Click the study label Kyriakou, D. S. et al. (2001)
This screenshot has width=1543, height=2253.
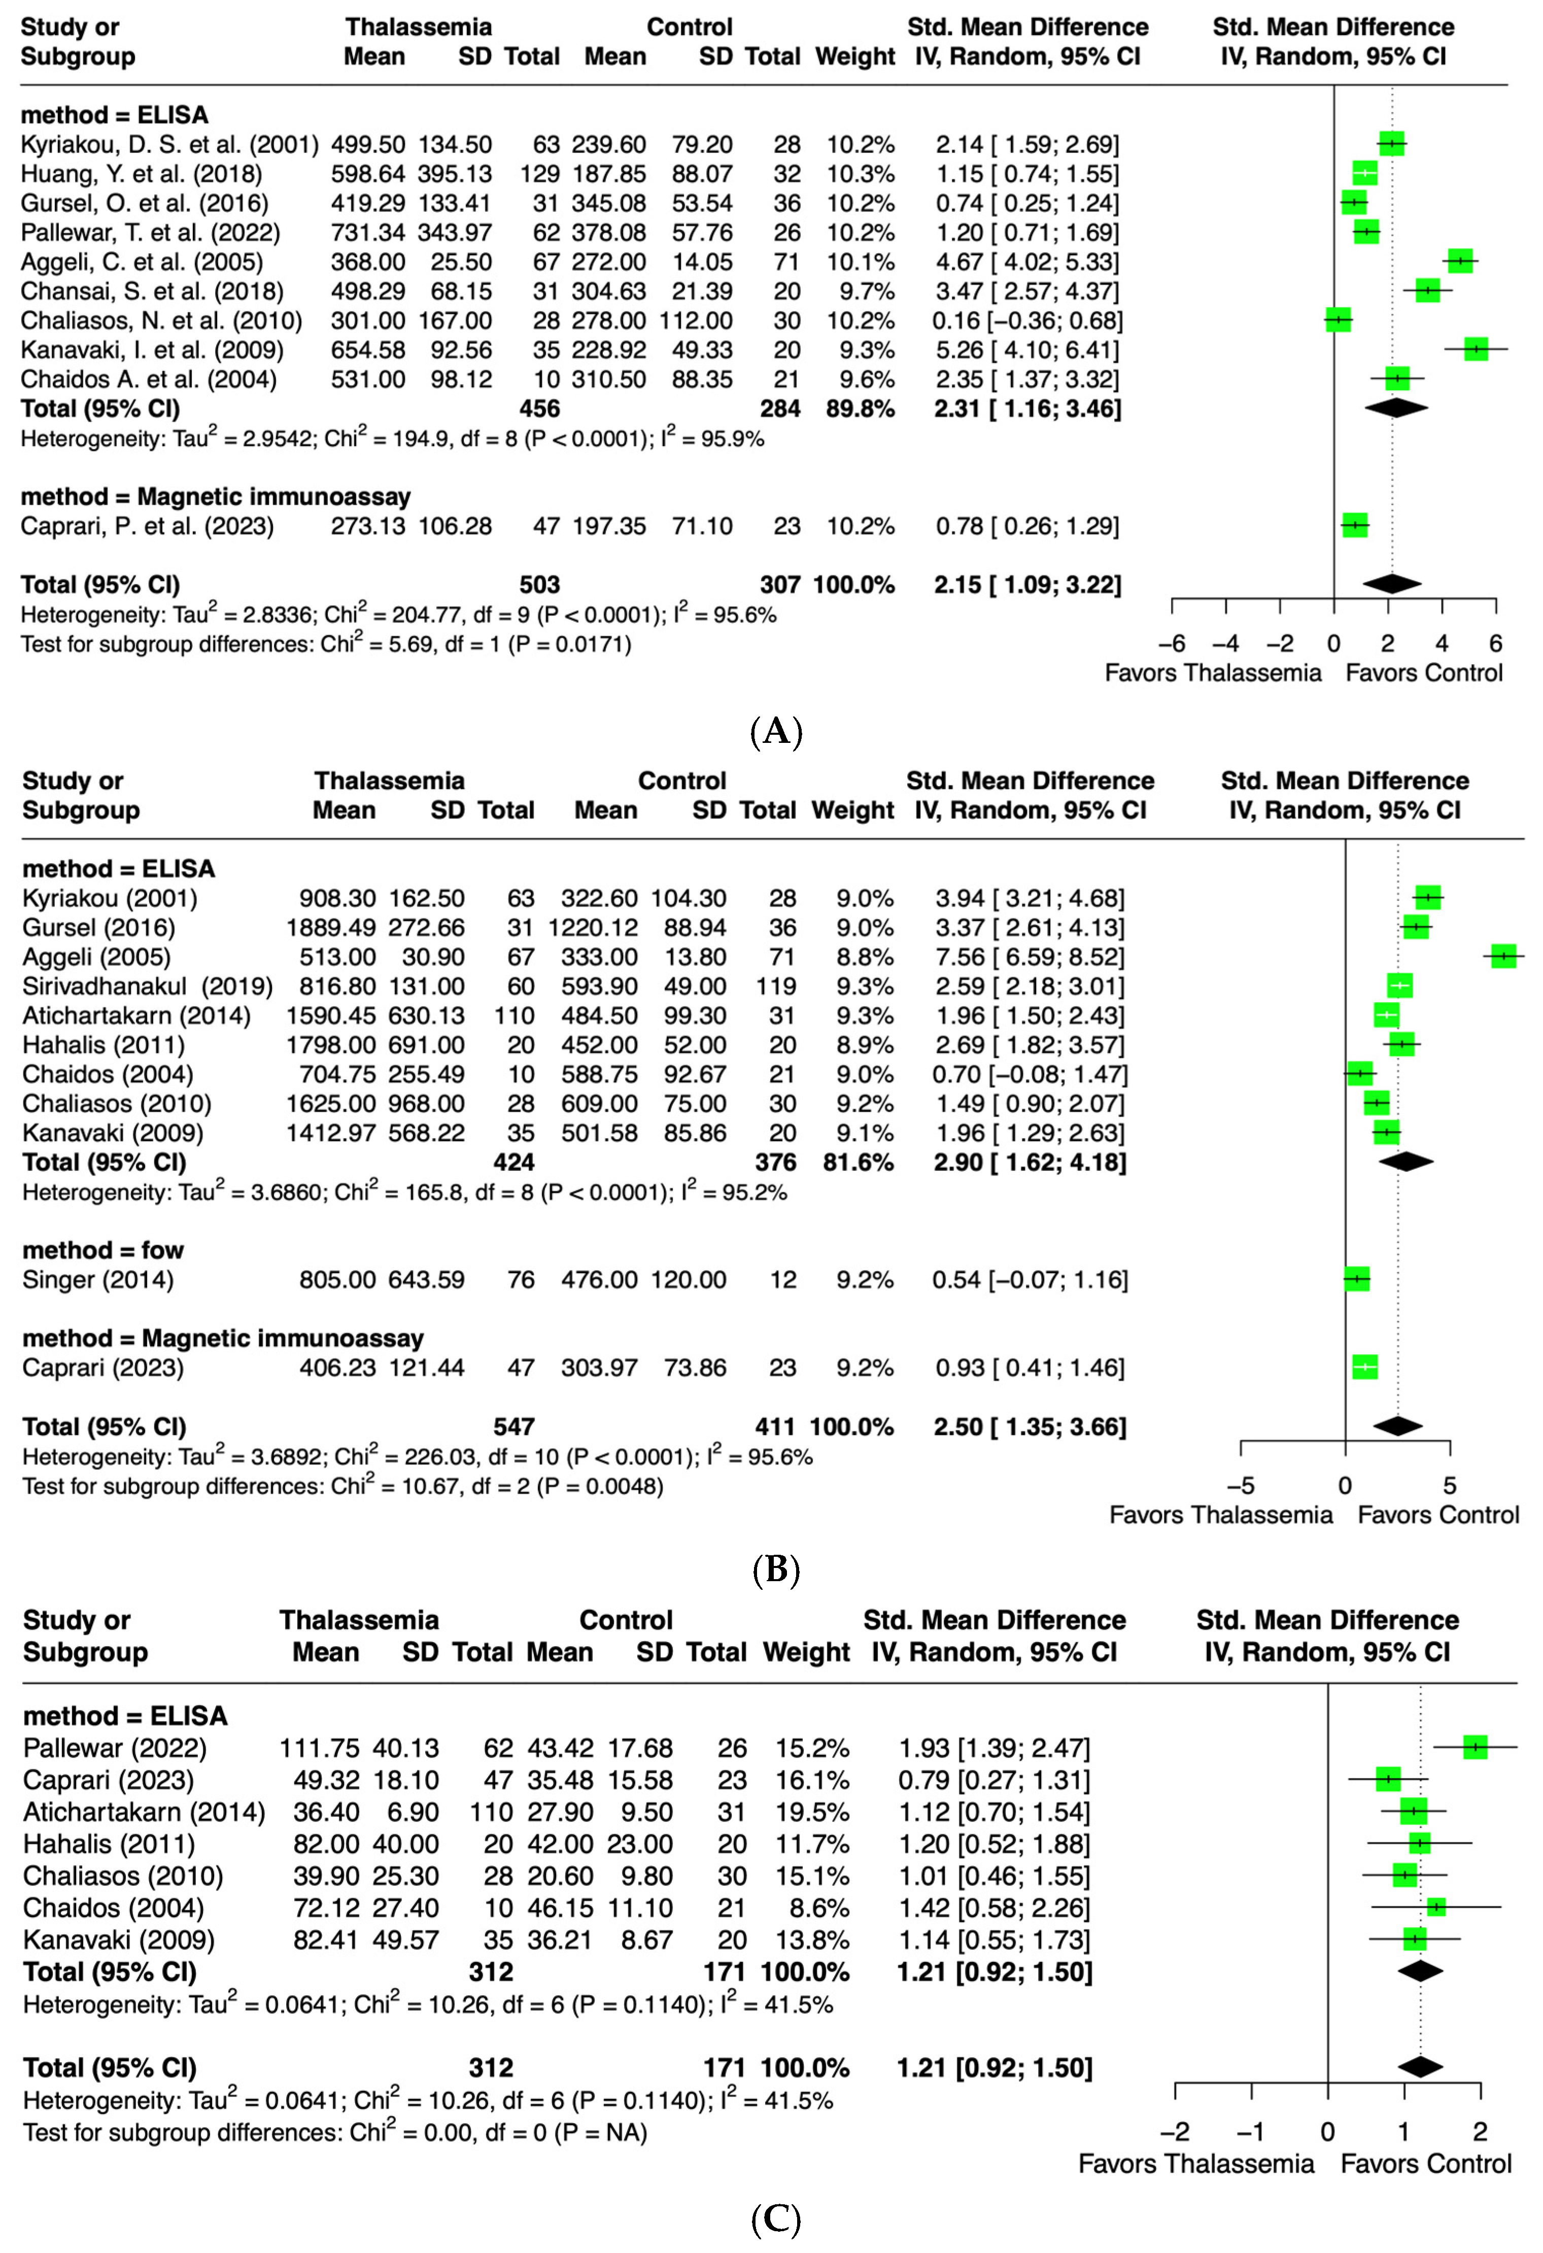tap(169, 146)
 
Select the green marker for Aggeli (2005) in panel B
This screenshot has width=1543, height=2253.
tap(1503, 957)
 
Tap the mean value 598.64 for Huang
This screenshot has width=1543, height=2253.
tap(368, 175)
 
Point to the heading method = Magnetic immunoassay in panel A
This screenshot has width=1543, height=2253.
tap(215, 497)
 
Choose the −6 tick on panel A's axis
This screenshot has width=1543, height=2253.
tap(1172, 644)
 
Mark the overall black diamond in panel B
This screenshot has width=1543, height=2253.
tap(1397, 1426)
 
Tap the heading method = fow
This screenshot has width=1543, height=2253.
tap(102, 1251)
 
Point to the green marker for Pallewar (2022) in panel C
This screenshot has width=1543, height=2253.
tap(1474, 1748)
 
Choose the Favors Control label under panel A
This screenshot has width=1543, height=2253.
tap(1424, 674)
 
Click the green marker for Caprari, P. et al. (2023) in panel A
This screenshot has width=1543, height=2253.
tap(1355, 526)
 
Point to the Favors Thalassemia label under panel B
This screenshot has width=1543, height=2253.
tap(1220, 1515)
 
